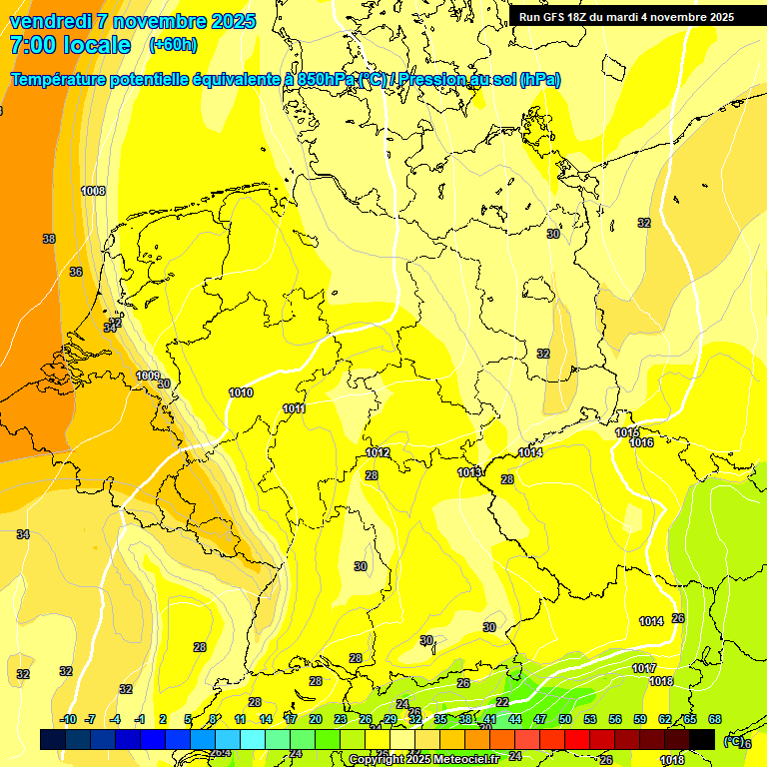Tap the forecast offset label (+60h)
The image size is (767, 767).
(173, 45)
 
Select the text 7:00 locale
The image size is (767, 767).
(70, 45)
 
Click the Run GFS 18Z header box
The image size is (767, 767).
(626, 16)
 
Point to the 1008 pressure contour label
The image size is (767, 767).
(94, 191)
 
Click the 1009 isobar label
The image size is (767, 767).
(148, 376)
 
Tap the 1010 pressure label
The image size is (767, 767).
(241, 392)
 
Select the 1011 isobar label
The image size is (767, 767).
(294, 408)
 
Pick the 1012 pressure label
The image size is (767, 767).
(378, 452)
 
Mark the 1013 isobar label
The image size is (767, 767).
(469, 472)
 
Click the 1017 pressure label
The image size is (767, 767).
(644, 668)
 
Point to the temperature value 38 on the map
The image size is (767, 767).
(49, 239)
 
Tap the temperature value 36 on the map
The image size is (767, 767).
(76, 272)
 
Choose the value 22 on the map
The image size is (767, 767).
(502, 702)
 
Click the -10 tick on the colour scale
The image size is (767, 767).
(68, 719)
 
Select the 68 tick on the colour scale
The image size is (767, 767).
(715, 719)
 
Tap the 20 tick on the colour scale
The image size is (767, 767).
(316, 719)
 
